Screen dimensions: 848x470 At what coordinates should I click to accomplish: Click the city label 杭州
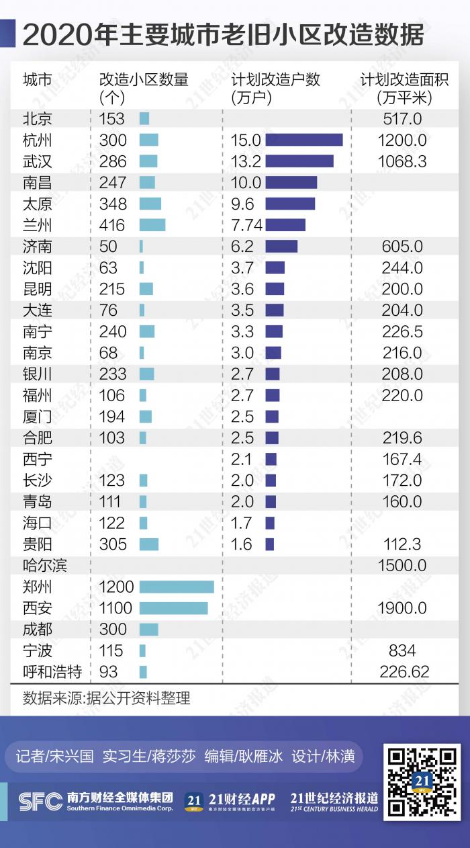pos(37,140)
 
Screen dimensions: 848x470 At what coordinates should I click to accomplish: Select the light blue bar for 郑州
pos(177,587)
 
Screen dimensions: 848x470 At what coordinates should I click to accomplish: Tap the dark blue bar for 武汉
pos(299,161)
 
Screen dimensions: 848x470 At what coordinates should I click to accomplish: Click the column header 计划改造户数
pos(275,80)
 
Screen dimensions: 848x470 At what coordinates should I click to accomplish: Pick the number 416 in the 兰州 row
pos(112,225)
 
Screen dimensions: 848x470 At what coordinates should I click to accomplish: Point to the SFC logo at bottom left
pos(40,800)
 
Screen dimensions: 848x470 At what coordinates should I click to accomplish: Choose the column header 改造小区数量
pos(144,80)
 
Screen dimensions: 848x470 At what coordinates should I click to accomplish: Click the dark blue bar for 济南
pos(281,247)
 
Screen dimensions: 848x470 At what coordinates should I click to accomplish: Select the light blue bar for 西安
pos(173,608)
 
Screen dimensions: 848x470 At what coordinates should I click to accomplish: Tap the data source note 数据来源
pos(106,698)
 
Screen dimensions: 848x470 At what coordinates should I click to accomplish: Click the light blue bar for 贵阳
pos(149,544)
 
